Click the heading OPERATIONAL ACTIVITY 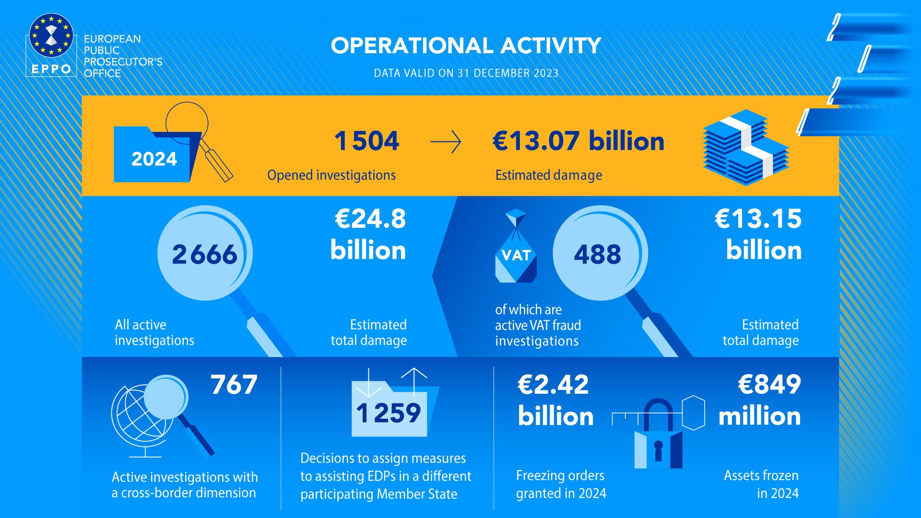coord(466,46)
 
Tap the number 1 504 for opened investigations coord(367,141)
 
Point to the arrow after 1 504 coord(446,142)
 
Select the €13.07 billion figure coord(579,141)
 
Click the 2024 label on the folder coord(154,159)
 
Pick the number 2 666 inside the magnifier coord(205,254)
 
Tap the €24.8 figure coord(370,219)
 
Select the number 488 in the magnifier coord(598,254)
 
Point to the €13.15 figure coord(758,219)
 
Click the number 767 coord(234,385)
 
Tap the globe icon coord(139,415)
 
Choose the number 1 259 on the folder coord(389,413)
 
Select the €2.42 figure coord(553,385)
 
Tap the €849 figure coord(769,385)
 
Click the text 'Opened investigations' coord(331,175)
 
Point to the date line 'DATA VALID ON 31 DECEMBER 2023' coord(466,73)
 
